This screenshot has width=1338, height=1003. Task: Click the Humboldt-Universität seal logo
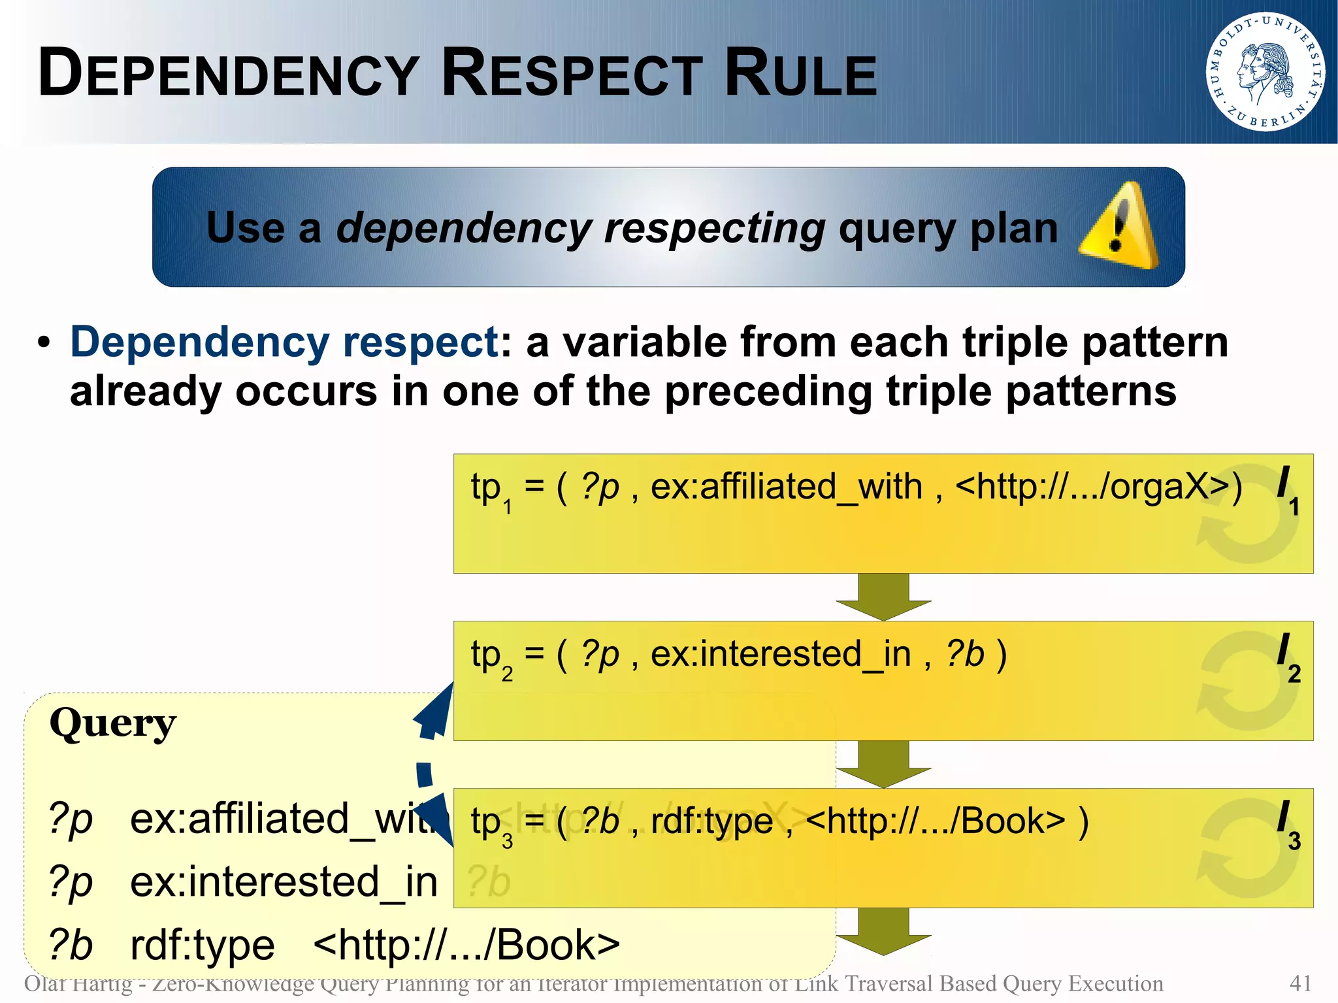(x=1265, y=71)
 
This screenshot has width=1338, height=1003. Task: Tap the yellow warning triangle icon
(x=1118, y=227)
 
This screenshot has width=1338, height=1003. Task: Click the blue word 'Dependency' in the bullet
(x=200, y=342)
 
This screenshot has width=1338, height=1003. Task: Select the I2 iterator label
(x=1288, y=657)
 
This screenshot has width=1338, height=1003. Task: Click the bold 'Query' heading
(x=113, y=724)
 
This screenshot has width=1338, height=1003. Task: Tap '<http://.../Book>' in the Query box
(x=466, y=945)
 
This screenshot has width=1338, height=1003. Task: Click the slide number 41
(x=1300, y=983)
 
